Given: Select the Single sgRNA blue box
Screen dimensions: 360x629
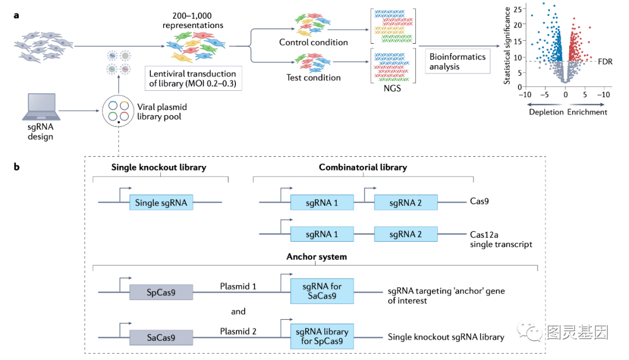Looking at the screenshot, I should click(161, 203).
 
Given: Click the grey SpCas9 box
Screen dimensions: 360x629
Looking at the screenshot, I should click(161, 292).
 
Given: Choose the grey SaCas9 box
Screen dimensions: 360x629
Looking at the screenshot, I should click(161, 337).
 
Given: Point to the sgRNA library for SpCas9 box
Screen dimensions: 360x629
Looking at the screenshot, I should click(322, 337).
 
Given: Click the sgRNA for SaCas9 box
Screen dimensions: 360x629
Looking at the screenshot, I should click(322, 291).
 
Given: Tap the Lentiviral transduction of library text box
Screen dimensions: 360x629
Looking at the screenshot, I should click(193, 79).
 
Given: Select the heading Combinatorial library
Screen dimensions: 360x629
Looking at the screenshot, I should click(363, 167).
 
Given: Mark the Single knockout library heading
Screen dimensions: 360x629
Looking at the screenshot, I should click(159, 167).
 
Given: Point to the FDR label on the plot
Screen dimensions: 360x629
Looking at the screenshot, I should click(605, 61).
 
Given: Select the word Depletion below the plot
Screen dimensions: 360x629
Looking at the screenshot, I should click(546, 112).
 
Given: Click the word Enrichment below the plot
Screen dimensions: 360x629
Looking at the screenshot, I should click(587, 112).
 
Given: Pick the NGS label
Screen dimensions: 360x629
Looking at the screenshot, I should click(393, 89).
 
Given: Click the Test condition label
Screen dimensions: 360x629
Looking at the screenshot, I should click(313, 77).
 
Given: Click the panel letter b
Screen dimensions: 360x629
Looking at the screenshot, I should click(17, 167).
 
